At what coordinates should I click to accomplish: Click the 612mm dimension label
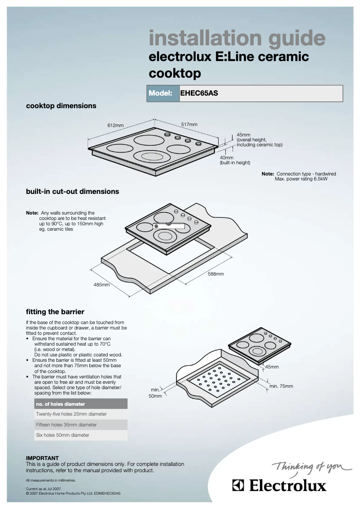[115, 125]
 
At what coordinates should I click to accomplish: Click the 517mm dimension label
[189, 124]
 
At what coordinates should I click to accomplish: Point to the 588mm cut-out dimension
[215, 274]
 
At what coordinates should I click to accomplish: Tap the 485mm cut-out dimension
[101, 285]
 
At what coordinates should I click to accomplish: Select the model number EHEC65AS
[199, 94]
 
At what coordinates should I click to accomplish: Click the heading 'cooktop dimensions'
[61, 106]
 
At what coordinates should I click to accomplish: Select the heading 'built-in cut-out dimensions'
[72, 191]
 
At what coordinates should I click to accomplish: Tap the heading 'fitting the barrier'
[55, 312]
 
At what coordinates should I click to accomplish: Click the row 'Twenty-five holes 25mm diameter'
[71, 414]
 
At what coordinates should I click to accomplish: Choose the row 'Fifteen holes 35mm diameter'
[66, 425]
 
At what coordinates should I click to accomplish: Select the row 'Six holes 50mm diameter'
[62, 435]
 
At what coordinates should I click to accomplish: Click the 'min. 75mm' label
[281, 386]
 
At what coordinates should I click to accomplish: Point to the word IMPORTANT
[42, 458]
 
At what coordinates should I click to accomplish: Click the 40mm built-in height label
[227, 158]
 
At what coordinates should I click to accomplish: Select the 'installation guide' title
[237, 38]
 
